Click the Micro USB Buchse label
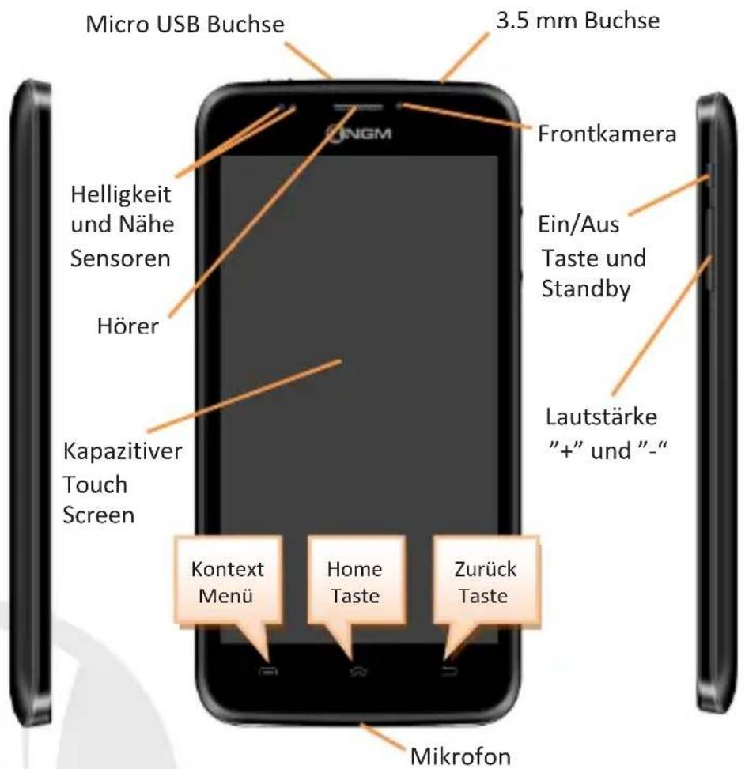point(185,25)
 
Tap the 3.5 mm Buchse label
point(578,21)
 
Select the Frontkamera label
point(607,134)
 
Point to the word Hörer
point(128,326)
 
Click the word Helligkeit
point(121,194)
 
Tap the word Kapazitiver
point(123,451)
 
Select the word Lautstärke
point(601,417)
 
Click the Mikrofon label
point(460,756)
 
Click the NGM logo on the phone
point(359,134)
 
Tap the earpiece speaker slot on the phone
point(358,107)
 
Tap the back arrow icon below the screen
point(449,671)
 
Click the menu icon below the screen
point(268,670)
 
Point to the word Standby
point(586,288)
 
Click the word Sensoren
point(120,258)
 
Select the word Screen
point(99,515)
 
